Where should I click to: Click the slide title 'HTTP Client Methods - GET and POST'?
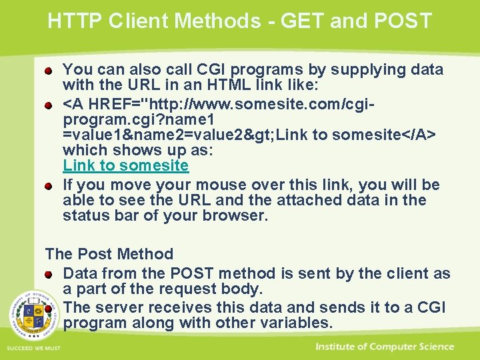[240, 21]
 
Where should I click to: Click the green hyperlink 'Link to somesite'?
[125, 165]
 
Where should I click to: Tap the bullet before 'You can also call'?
[49, 70]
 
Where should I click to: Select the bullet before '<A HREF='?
[49, 105]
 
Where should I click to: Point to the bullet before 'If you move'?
[49, 185]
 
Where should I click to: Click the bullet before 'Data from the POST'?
[49, 274]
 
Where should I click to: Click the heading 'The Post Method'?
[109, 254]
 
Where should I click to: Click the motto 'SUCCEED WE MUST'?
[33, 348]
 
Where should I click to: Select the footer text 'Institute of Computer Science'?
[385, 347]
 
